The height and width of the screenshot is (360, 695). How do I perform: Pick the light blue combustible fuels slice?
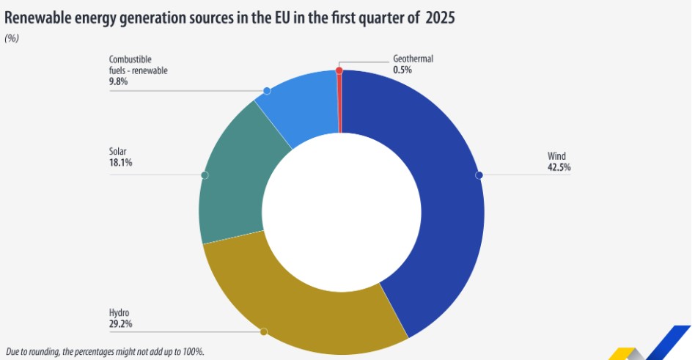coord(297,106)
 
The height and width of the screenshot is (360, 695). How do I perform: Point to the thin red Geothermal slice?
coord(339,103)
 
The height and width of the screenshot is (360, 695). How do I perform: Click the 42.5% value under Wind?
coord(559,167)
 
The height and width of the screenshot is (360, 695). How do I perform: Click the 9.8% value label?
coord(118,81)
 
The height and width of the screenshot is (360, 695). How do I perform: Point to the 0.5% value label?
coord(402,70)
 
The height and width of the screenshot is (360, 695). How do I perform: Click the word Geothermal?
coord(413,59)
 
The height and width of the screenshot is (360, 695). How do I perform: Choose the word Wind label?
coord(556,156)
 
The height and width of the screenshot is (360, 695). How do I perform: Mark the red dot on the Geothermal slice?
coord(339,70)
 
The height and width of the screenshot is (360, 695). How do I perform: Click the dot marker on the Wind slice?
coord(479,175)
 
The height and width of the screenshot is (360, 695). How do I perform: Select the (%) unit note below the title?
coord(12,38)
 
